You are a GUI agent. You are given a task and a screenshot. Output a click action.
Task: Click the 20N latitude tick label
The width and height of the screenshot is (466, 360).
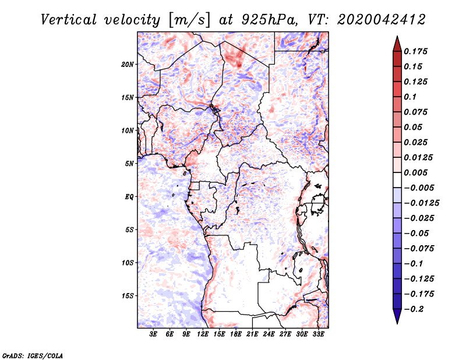point(128,65)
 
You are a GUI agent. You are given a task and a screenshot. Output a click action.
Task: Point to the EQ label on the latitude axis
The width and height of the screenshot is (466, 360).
point(129,197)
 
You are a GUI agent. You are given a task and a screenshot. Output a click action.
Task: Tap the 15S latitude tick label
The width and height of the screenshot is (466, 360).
point(128,296)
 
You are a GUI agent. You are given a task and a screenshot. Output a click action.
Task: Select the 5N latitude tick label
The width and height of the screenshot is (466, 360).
point(129,164)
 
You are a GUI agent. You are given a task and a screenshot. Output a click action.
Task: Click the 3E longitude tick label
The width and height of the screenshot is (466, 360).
point(153,334)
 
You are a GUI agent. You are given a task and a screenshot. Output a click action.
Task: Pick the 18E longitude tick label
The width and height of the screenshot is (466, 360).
point(235,334)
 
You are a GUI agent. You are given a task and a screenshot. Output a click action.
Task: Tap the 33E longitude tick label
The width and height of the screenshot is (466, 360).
point(318,334)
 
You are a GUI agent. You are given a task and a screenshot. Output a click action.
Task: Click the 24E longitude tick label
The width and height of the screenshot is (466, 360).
point(269,334)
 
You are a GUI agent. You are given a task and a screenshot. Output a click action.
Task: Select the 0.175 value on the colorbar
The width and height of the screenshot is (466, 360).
point(415,51)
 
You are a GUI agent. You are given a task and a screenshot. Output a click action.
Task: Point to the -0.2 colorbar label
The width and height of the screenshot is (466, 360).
point(414,309)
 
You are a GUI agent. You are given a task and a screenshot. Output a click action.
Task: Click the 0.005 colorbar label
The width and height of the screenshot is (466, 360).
point(415,172)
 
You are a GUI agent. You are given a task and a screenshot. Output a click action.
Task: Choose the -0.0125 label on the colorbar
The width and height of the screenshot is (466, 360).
point(421,203)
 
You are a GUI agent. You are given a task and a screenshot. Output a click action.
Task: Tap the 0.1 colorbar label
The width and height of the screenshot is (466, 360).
point(410,97)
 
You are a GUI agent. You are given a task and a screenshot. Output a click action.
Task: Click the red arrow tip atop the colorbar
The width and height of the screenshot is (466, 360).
point(397,36)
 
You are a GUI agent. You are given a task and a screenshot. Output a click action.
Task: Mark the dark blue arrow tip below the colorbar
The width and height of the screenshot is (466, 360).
point(397,323)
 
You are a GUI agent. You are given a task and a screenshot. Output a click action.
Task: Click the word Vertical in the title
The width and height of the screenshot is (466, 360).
point(68,20)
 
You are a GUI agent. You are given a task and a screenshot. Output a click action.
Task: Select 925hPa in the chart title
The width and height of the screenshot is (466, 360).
point(269,20)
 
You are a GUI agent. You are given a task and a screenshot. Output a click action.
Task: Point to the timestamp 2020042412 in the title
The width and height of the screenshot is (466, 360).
point(382,20)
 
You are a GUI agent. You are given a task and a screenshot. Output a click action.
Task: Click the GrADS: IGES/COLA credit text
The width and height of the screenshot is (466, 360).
point(33,356)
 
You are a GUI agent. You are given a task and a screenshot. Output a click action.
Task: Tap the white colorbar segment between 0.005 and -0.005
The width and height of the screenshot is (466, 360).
point(397,180)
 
